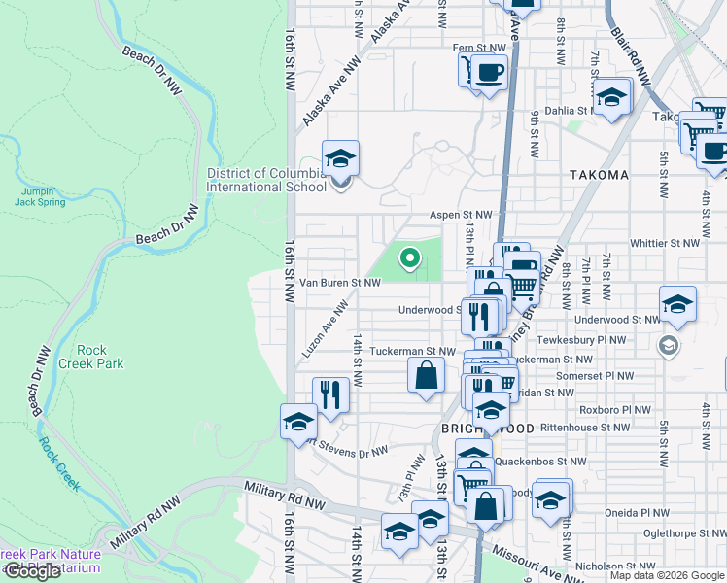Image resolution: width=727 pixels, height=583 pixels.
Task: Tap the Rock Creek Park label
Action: (100, 357)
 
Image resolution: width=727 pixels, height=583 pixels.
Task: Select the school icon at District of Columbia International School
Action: (340, 158)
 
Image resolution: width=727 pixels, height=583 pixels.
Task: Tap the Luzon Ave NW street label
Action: (326, 329)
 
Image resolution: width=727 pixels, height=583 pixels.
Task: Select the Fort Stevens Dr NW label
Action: (347, 449)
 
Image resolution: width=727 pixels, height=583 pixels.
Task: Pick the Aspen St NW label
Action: (462, 216)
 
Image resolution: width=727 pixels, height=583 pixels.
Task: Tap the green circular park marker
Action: (410, 258)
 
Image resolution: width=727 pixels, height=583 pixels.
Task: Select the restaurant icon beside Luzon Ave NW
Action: (330, 394)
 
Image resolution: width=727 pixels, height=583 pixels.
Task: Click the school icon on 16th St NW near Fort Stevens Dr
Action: (298, 421)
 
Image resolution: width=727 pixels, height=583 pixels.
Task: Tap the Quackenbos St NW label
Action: (539, 462)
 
